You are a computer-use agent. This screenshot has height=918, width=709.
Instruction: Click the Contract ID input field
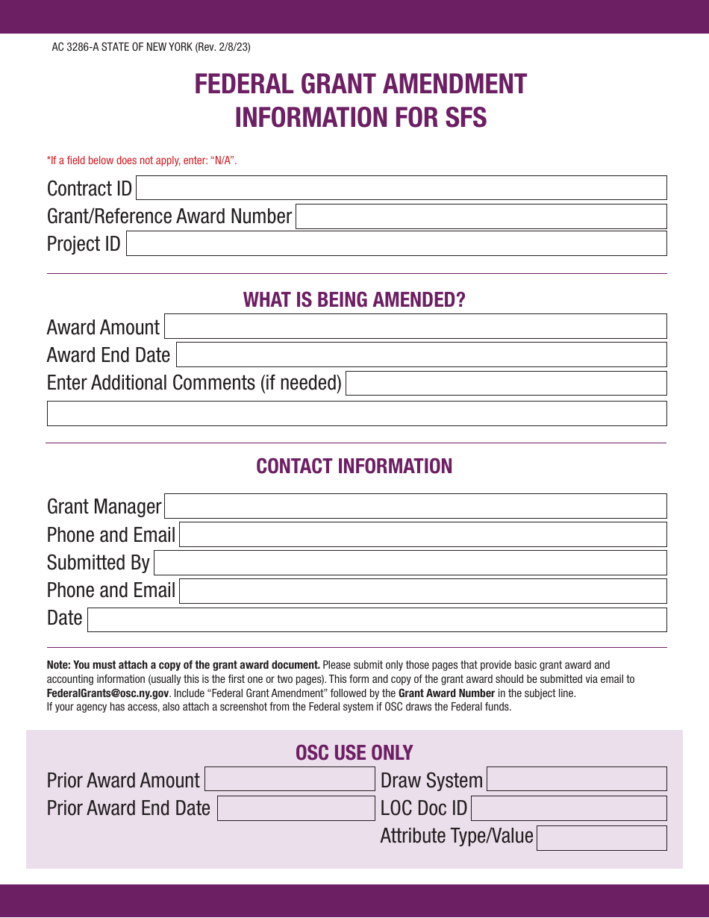click(x=401, y=188)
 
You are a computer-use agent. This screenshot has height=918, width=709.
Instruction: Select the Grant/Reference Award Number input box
click(x=481, y=216)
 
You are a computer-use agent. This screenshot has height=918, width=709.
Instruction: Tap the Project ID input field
click(x=396, y=243)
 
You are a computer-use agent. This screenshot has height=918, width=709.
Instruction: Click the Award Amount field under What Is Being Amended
click(x=416, y=327)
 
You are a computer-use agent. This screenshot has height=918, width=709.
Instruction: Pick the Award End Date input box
click(x=421, y=355)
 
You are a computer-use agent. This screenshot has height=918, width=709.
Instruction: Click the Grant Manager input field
click(x=416, y=506)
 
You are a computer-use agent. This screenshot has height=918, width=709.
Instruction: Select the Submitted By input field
click(x=410, y=563)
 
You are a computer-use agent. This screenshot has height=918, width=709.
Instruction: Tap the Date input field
click(x=377, y=619)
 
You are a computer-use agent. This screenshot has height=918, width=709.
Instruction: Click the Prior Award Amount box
click(x=290, y=779)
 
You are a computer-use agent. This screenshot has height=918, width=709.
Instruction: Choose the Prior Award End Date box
click(x=296, y=808)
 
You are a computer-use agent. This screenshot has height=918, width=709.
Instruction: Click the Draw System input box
click(x=577, y=779)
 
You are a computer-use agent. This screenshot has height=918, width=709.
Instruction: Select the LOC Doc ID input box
click(x=569, y=808)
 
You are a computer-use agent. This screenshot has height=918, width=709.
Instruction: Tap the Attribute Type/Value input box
click(x=602, y=837)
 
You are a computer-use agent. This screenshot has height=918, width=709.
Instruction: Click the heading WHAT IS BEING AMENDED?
click(x=354, y=300)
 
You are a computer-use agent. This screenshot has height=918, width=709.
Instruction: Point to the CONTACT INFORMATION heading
click(x=354, y=466)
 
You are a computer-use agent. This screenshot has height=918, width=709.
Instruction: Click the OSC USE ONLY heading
click(x=354, y=752)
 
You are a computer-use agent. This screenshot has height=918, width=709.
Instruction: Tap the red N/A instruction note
click(x=142, y=160)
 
